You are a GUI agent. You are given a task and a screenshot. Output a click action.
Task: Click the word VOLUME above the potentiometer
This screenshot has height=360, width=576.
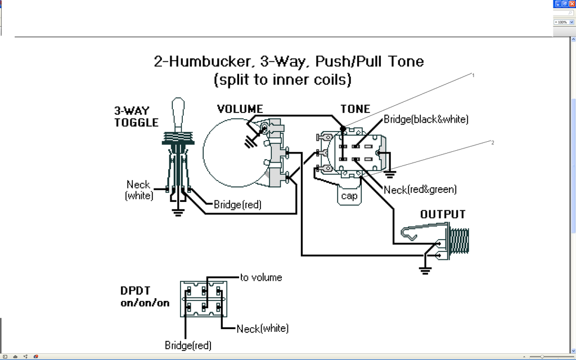(x=240, y=109)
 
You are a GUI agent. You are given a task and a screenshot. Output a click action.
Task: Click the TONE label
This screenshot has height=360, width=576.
(x=355, y=109)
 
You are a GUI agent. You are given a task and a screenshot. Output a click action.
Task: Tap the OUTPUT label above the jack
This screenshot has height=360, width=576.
(x=443, y=214)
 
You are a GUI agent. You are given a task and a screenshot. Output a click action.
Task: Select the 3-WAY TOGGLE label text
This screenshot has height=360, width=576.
(x=136, y=116)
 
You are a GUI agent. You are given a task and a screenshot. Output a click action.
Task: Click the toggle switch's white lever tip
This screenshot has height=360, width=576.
(x=178, y=107)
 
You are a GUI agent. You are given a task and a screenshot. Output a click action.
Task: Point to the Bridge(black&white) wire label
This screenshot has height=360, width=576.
(x=426, y=119)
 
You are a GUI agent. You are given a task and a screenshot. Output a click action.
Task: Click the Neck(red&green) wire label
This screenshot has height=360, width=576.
(x=420, y=190)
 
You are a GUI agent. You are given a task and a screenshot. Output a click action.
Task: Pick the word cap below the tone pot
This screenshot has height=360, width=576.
(x=349, y=196)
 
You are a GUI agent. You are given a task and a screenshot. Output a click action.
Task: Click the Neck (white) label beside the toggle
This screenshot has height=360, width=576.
(x=138, y=190)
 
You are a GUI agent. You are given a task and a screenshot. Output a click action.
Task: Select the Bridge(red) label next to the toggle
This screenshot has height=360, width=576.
(x=237, y=205)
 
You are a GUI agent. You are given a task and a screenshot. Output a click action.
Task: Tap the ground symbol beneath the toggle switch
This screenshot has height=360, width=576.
(x=178, y=213)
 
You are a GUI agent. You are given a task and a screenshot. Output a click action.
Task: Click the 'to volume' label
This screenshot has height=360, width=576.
(x=261, y=277)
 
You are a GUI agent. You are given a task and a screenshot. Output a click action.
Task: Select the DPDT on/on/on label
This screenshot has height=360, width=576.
(x=145, y=297)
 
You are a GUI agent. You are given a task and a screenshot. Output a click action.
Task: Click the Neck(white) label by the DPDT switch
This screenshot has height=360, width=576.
(x=263, y=328)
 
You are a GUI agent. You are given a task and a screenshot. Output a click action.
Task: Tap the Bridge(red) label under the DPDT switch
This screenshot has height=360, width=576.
(x=188, y=345)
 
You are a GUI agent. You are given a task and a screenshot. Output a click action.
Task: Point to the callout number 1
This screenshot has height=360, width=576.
(x=473, y=75)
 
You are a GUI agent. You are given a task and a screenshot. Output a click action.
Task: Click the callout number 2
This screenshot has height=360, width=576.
(x=492, y=142)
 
